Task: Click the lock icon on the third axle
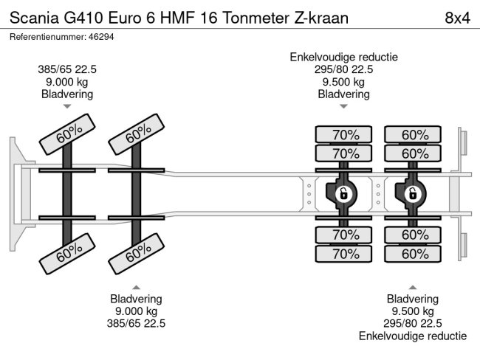343,194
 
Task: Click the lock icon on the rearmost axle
413,194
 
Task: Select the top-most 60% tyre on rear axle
414,134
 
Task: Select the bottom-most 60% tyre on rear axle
414,254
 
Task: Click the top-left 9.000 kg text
67,82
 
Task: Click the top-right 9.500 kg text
343,82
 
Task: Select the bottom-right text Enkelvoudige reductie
413,336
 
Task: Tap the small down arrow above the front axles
67,106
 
